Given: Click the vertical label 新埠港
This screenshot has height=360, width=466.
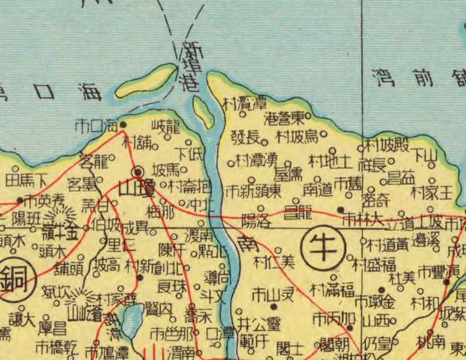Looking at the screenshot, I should point(190,66).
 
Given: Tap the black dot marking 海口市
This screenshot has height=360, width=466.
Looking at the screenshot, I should point(123,124).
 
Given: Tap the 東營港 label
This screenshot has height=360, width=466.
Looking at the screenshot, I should point(285,119).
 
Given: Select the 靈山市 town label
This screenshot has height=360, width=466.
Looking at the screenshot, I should point(273,294).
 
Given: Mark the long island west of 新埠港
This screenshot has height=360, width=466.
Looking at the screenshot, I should point(145,80).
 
